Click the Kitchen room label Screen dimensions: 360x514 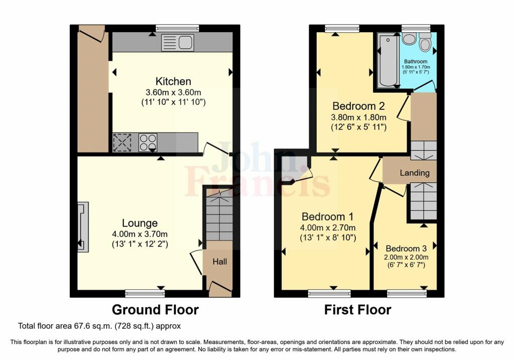173,81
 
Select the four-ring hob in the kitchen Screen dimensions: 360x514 147,142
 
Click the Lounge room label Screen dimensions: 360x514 140,223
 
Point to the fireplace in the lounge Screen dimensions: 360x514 82,226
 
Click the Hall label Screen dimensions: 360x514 220,262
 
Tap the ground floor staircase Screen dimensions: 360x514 219,215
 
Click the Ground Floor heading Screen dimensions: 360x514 155,310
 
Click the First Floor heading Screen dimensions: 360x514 357,310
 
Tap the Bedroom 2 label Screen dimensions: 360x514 358,106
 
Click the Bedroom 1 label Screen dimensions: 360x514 327,217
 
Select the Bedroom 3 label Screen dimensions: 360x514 406,249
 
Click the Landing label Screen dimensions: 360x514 415,173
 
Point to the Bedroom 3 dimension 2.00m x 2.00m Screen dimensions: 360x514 406,257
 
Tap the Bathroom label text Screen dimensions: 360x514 416,61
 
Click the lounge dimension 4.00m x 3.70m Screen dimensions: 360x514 140,234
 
